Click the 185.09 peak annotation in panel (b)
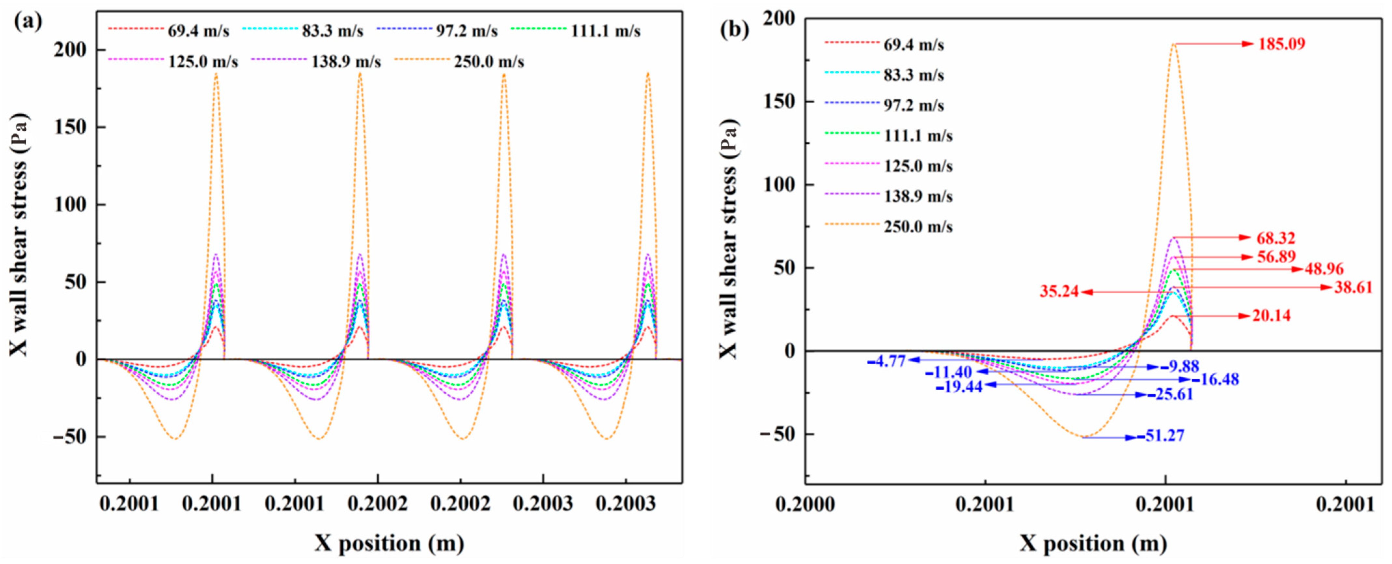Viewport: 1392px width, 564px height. pos(1282,44)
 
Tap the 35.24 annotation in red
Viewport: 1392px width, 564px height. pos(1059,292)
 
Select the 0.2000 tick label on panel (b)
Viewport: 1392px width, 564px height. pos(805,504)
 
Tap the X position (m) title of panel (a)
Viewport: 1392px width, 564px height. pos(389,543)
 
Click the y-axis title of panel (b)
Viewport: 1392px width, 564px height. pos(728,238)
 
